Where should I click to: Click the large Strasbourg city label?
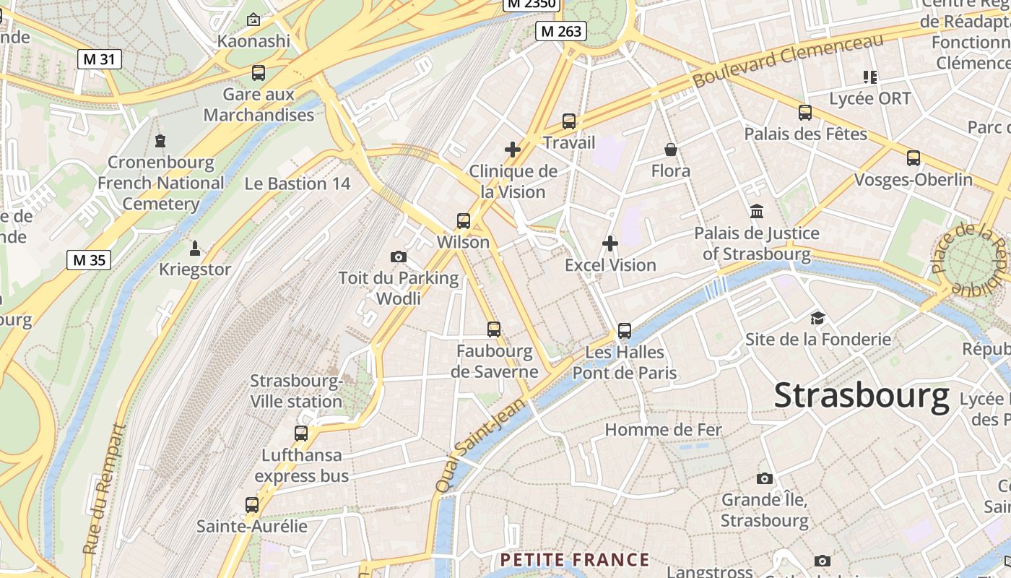pyautogui.click(x=861, y=396)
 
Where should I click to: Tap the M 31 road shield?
pyautogui.click(x=99, y=59)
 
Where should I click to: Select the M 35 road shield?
pyautogui.click(x=89, y=260)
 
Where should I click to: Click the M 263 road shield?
pyautogui.click(x=560, y=31)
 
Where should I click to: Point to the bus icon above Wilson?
pyautogui.click(x=464, y=221)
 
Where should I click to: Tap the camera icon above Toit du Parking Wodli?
pyautogui.click(x=398, y=256)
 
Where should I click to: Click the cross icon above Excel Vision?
pyautogui.click(x=610, y=243)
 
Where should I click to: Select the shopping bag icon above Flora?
pyautogui.click(x=671, y=150)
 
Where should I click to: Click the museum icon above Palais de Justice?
pyautogui.click(x=757, y=212)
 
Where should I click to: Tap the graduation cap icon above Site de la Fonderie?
pyautogui.click(x=817, y=318)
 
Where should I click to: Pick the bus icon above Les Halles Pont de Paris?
pyautogui.click(x=625, y=331)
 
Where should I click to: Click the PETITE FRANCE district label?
pyautogui.click(x=575, y=560)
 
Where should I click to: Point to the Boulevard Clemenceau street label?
pyautogui.click(x=788, y=61)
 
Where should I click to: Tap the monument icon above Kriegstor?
pyautogui.click(x=194, y=249)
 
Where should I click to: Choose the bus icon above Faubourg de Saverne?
pyautogui.click(x=494, y=329)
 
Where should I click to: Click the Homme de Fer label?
pyautogui.click(x=663, y=430)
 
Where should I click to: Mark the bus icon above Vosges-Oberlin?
pyautogui.click(x=914, y=158)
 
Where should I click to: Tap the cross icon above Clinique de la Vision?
pyautogui.click(x=513, y=150)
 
